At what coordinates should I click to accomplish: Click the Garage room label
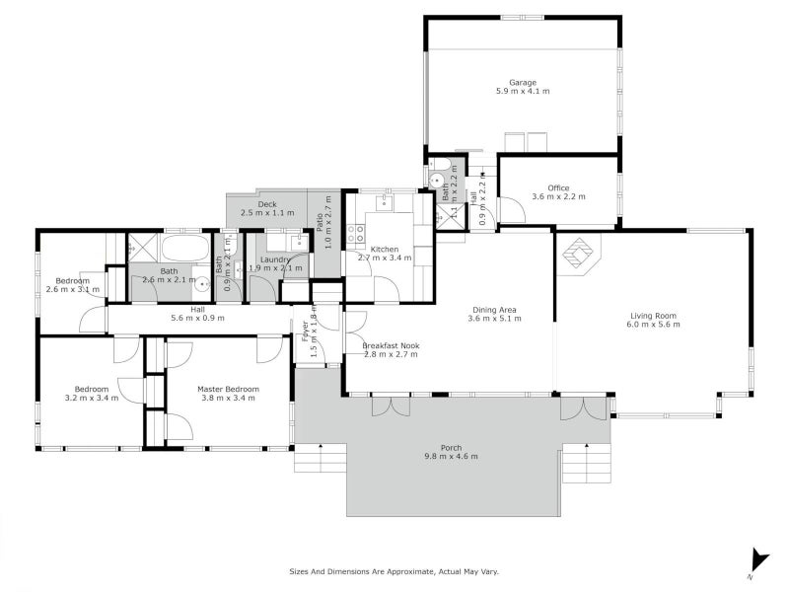(522, 82)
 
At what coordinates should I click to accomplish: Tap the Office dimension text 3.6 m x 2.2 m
(558, 196)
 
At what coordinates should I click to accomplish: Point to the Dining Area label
(492, 309)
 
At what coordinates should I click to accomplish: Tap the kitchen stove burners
(354, 234)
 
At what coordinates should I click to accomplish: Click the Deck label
(267, 204)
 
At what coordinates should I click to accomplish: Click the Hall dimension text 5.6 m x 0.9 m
(197, 318)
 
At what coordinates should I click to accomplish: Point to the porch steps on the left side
(320, 460)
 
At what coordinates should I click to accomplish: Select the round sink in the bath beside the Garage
(437, 179)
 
